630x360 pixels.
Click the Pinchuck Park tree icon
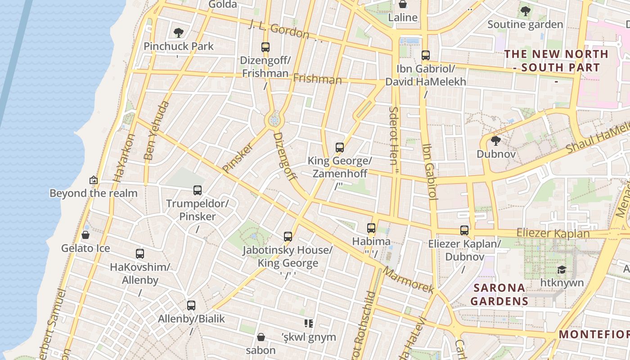[179, 32]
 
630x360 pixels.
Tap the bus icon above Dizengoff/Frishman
[265, 47]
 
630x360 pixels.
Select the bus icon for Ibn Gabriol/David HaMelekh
[426, 55]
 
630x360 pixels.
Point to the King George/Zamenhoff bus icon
[340, 148]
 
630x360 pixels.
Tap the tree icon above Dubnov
[496, 141]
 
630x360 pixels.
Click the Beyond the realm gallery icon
[94, 180]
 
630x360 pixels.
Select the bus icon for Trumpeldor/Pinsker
[198, 190]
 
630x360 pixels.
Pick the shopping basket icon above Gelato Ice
[85, 235]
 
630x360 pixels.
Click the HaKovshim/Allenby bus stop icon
[140, 254]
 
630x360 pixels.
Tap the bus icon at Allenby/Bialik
[191, 306]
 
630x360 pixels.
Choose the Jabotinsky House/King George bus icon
[288, 236]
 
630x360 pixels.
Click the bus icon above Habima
[371, 228]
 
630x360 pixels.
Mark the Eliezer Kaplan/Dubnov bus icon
[464, 230]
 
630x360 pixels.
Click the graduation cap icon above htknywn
[562, 270]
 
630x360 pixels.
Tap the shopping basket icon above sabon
[261, 337]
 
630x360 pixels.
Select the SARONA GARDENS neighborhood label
[499, 294]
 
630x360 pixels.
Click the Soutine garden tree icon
[525, 11]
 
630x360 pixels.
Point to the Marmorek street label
[409, 280]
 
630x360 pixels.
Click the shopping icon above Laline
[403, 4]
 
